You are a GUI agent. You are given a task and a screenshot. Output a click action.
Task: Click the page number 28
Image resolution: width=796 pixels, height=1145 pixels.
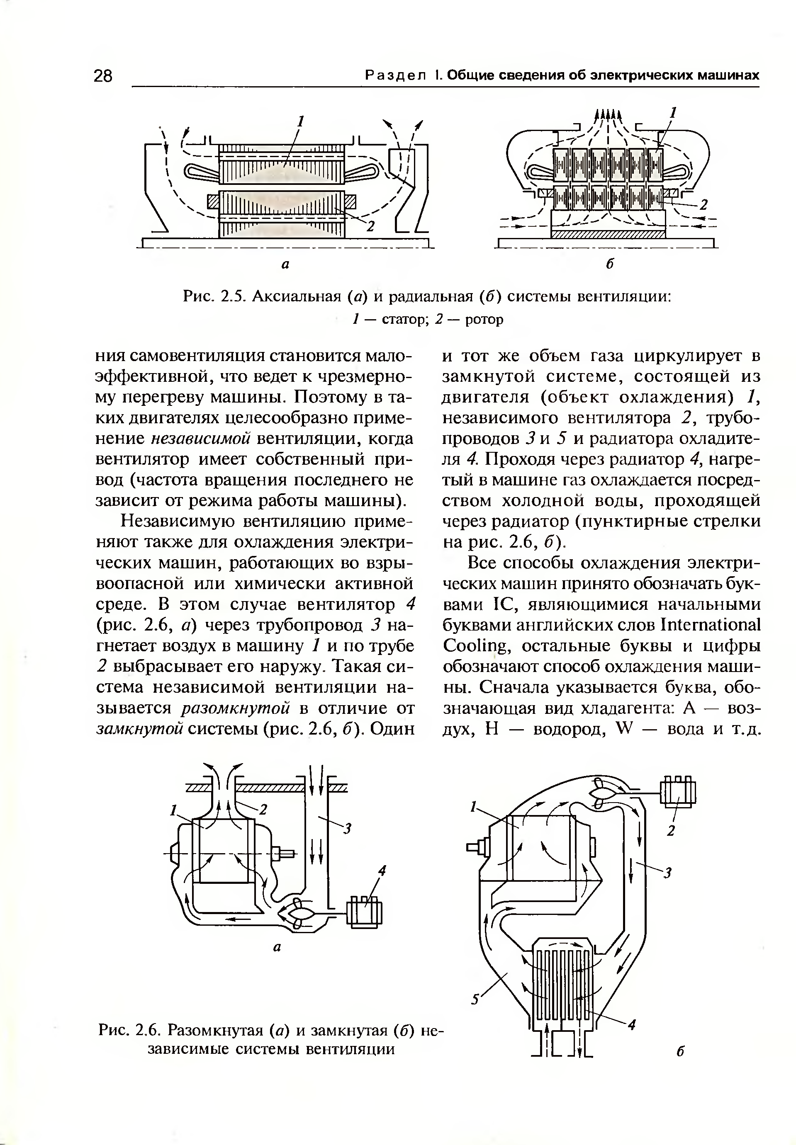tap(103, 76)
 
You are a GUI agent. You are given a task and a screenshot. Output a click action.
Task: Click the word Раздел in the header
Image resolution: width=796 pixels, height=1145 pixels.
tap(396, 76)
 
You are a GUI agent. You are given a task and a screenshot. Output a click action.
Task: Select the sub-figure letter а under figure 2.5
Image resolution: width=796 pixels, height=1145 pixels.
tap(286, 264)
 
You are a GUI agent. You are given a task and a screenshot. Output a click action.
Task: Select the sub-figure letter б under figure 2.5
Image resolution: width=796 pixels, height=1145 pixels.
tap(609, 264)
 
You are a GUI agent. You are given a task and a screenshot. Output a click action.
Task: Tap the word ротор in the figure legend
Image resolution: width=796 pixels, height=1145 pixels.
tap(484, 319)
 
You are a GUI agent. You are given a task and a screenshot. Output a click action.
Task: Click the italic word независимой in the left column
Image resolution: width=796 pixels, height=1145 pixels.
tap(200, 438)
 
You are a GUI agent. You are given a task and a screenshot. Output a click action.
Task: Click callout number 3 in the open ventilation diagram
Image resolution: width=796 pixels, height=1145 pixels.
tap(348, 829)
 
